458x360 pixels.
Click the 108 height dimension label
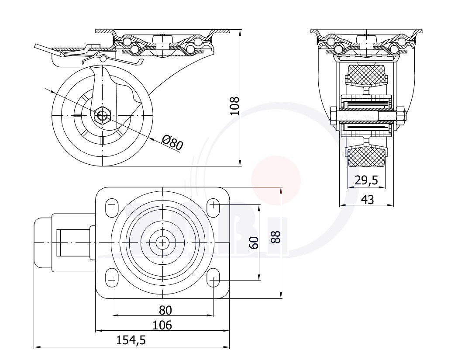(x=235, y=106)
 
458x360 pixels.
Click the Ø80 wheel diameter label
(x=172, y=142)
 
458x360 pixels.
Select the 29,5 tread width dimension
(x=366, y=180)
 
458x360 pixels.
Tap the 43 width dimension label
(x=368, y=200)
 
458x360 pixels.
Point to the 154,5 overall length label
(x=131, y=340)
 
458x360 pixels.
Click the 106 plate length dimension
(x=162, y=325)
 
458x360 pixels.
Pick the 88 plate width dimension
(x=275, y=237)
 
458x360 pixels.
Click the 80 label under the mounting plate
(x=165, y=310)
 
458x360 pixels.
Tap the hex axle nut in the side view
(x=102, y=115)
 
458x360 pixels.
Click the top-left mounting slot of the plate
(x=112, y=208)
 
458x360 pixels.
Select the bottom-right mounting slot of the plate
(x=214, y=277)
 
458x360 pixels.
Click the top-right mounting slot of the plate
(x=214, y=208)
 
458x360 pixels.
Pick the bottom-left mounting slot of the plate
(x=112, y=277)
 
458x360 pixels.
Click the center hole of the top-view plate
(x=162, y=242)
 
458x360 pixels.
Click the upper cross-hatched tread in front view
(x=366, y=75)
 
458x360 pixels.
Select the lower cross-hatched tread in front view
(x=366, y=156)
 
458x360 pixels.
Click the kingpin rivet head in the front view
(x=366, y=38)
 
